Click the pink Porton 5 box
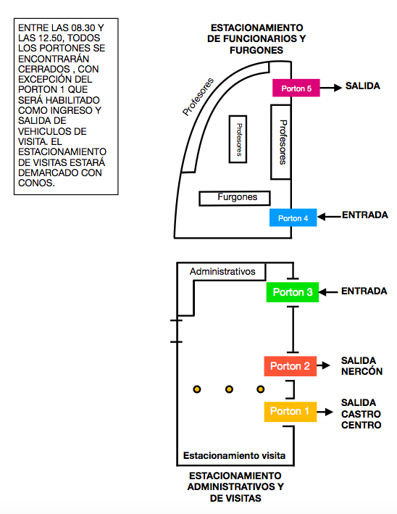click(x=296, y=88)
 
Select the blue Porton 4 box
click(x=293, y=217)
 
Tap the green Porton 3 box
click(x=293, y=292)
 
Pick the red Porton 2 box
click(x=291, y=366)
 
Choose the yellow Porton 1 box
click(x=291, y=412)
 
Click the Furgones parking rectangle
click(x=235, y=199)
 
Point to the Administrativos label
click(x=222, y=271)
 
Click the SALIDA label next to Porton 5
click(x=363, y=86)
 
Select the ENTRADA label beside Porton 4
click(x=365, y=215)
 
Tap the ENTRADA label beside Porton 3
click(x=364, y=291)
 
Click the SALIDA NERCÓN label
click(x=362, y=366)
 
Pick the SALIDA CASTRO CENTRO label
click(x=361, y=414)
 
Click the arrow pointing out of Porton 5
click(x=331, y=88)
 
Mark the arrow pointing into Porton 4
click(x=330, y=217)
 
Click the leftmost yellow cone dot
click(x=197, y=389)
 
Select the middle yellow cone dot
click(x=230, y=389)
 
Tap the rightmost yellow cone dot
click(x=261, y=389)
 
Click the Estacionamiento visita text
click(x=234, y=456)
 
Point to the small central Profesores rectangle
click(x=238, y=139)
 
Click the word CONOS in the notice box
click(x=36, y=183)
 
